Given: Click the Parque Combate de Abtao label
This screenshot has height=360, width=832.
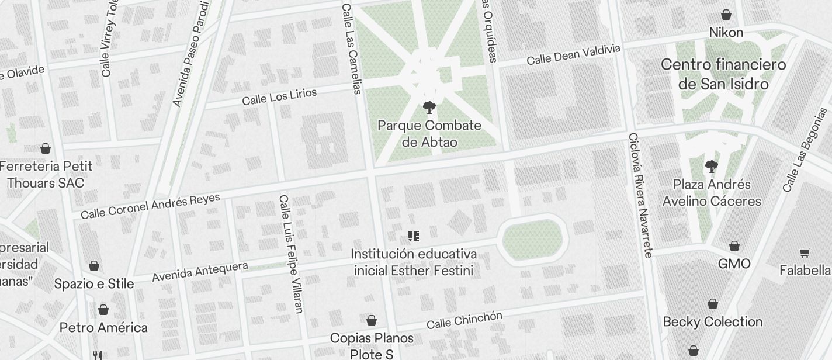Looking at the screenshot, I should [429, 134].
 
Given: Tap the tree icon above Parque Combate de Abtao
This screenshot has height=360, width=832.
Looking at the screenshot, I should [429, 108].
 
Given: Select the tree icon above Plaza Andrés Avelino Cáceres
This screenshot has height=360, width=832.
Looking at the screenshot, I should [711, 167].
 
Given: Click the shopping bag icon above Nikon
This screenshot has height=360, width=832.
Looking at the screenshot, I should [726, 15].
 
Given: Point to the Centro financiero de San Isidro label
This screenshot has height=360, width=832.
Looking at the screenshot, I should [723, 74].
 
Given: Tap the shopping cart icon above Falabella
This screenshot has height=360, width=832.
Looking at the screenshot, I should [805, 253].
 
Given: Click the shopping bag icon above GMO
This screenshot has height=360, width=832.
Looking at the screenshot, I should [734, 246].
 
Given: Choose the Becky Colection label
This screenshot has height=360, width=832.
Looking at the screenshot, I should [713, 322].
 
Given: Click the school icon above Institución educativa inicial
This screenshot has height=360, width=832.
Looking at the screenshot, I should [414, 236].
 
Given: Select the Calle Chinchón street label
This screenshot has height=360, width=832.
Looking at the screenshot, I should [464, 320].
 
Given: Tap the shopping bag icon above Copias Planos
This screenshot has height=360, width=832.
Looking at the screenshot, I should [371, 320].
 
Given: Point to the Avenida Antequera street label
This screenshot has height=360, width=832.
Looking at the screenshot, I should [200, 272].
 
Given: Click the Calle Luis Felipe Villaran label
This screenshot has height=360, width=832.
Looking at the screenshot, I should [291, 254].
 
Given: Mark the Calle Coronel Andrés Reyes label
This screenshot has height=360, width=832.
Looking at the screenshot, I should [150, 206].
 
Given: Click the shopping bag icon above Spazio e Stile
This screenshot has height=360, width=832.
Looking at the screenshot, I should [94, 266].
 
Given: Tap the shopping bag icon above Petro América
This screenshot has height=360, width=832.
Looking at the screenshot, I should [103, 310].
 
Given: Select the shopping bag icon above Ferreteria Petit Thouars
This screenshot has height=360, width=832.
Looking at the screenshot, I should [46, 148].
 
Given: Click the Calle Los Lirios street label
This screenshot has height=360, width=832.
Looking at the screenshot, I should [279, 97].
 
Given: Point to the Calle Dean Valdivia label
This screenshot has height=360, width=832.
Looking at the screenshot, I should [573, 55].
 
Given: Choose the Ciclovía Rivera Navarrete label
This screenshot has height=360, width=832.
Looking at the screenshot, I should [640, 195].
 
